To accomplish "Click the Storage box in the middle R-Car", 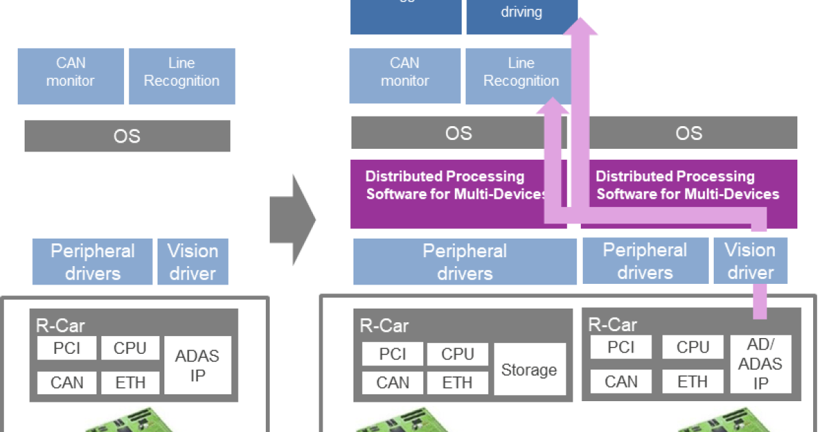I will click(530, 370).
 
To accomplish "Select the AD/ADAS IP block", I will click(760, 363).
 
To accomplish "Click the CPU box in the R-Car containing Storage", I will click(457, 354).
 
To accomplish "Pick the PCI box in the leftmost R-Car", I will click(66, 348).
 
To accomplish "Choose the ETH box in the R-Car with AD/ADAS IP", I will click(693, 381).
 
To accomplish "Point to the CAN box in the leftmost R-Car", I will click(66, 383).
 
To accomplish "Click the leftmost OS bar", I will click(127, 136).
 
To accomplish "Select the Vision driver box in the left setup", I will click(192, 262).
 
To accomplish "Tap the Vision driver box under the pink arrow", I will click(750, 261).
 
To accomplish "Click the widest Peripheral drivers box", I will click(464, 262).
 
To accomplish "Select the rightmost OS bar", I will click(688, 132).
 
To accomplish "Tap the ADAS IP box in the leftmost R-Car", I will click(197, 365).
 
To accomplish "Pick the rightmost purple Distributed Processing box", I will click(688, 194).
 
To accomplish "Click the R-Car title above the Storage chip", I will click(384, 325).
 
